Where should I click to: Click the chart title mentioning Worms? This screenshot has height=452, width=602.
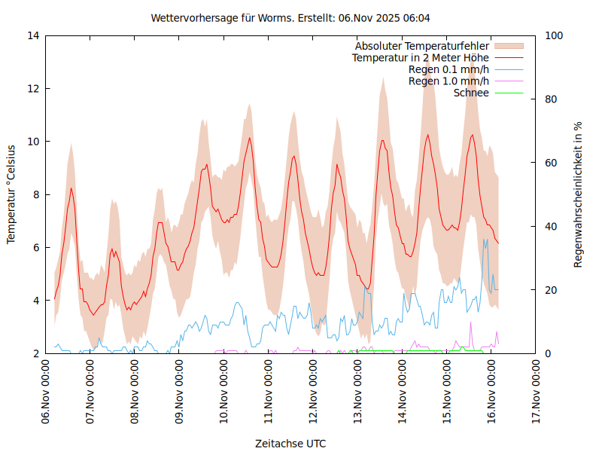[290, 17]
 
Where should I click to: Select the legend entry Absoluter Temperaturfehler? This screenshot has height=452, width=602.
[421, 46]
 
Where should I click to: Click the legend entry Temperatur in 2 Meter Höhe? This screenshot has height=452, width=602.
[421, 57]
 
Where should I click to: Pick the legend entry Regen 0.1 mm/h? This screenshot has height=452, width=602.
[448, 69]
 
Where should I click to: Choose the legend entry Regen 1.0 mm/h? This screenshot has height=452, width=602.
[448, 81]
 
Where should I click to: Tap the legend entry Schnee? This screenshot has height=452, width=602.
[471, 93]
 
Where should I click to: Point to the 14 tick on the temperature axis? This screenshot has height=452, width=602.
[33, 35]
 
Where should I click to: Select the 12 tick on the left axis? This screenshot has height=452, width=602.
[33, 88]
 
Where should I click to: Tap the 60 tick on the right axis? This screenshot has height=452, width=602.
[551, 163]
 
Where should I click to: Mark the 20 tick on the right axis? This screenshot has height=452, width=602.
[551, 290]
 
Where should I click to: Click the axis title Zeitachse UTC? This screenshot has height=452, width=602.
[290, 443]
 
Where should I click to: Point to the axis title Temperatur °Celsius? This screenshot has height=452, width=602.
[11, 194]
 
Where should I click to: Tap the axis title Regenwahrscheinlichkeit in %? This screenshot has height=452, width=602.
[579, 194]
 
